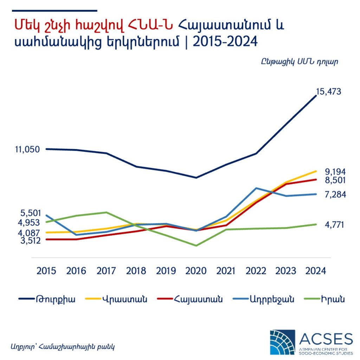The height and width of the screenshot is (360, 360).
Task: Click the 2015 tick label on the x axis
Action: [x=46, y=271]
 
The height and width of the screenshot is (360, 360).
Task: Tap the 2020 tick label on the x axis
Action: [x=196, y=271]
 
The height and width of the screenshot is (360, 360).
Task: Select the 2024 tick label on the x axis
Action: [x=315, y=271]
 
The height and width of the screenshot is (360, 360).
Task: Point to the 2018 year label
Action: [x=136, y=271]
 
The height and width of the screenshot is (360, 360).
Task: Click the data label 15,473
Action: [x=328, y=92]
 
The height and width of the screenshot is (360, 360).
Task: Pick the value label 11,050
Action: [x=27, y=149]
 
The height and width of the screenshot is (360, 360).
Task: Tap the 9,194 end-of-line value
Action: [x=335, y=172]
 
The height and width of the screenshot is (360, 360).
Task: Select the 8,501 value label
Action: [x=335, y=180]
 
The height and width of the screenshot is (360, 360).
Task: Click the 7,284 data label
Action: [x=335, y=194]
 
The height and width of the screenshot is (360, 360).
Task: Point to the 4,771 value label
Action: [x=335, y=225]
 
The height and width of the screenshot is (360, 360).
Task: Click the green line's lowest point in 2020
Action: [x=196, y=245]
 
